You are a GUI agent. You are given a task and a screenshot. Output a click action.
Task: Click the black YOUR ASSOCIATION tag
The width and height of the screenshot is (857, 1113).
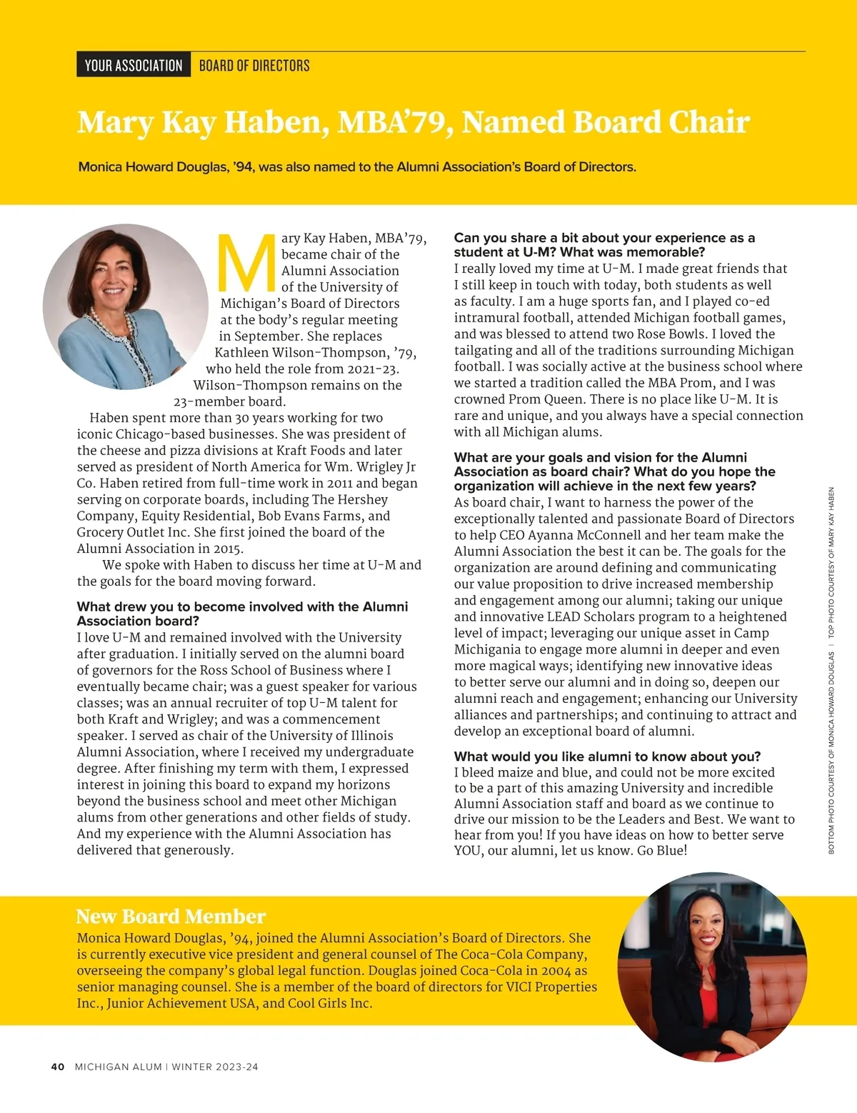pos(134,66)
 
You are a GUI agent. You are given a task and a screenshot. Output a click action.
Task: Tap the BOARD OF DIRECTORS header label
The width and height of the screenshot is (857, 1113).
pos(254,66)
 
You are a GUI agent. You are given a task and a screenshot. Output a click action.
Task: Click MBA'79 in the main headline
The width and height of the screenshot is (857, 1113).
pos(394,122)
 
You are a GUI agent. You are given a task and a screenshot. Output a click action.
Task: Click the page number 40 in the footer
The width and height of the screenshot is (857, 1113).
pos(58,1067)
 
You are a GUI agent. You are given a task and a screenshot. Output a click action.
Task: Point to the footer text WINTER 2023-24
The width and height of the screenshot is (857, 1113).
pos(215,1067)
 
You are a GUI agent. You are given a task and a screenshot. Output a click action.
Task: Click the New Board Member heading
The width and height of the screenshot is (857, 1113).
pos(171,917)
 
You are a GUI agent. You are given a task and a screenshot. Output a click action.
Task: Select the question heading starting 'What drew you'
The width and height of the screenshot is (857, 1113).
pos(242,614)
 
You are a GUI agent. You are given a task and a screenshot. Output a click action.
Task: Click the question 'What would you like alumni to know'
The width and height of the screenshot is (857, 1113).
pos(607,756)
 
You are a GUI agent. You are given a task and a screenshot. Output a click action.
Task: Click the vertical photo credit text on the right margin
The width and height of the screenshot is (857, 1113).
pos(831,672)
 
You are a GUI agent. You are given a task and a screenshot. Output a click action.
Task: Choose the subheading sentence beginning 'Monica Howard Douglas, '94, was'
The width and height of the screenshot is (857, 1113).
pos(357,167)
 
